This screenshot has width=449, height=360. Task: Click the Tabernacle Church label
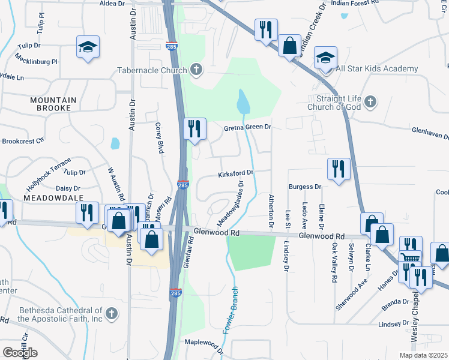coord(152,70)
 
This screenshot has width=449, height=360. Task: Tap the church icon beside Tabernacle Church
coord(196,70)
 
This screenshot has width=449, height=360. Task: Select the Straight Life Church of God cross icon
coord(370,101)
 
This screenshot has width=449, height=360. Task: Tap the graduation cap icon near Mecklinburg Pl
coord(88,47)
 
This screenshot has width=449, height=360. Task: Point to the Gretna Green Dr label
coord(248,127)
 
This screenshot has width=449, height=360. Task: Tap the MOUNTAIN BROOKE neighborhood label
coord(53,104)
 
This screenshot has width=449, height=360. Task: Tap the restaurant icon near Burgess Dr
coord(339,169)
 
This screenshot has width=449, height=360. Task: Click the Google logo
coord(20,352)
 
